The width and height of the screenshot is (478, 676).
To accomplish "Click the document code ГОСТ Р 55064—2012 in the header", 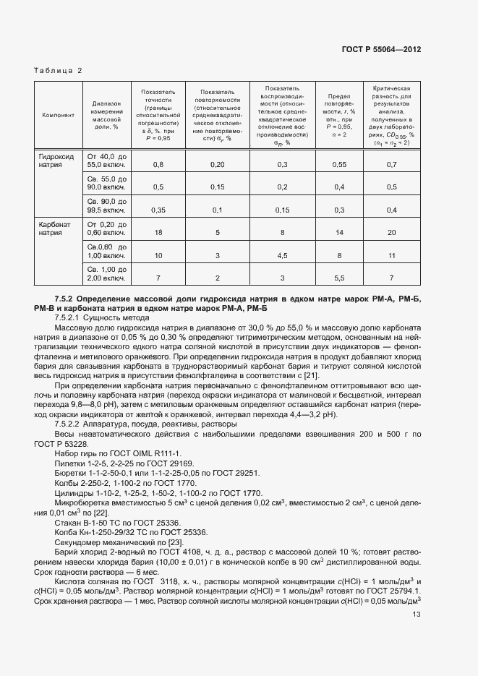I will click(x=381, y=50).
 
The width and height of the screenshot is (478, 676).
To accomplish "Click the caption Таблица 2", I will click(x=59, y=71).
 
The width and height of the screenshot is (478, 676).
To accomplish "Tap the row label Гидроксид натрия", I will click(x=56, y=160).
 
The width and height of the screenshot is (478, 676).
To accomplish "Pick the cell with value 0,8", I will click(x=158, y=165).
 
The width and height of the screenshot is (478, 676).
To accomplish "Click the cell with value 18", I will click(x=158, y=233).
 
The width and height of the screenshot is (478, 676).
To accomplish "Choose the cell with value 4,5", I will click(x=283, y=255).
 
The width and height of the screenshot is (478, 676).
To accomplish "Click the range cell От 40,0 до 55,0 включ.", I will click(x=106, y=160).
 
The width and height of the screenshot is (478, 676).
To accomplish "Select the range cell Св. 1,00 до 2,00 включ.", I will click(x=106, y=273).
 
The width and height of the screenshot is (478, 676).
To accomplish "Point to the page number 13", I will click(x=416, y=615).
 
